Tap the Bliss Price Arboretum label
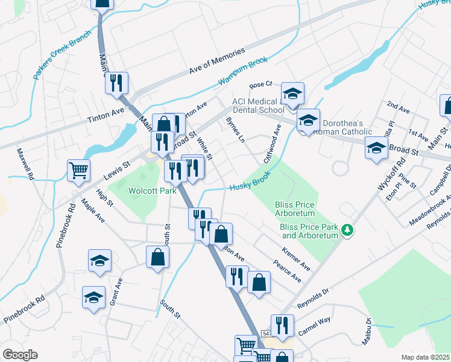(x=295, y=209)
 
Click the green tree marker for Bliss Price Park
(x=347, y=229)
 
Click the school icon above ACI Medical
(x=292, y=94)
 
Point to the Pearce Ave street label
(x=286, y=271)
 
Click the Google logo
(x=20, y=355)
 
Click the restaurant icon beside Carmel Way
(x=282, y=326)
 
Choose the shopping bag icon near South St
(x=157, y=257)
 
